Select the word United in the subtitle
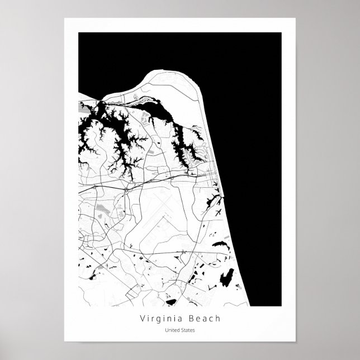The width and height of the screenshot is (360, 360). [x=172, y=330]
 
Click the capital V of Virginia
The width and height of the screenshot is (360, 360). [x=144, y=319]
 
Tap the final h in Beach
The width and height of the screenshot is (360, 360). [x=219, y=319]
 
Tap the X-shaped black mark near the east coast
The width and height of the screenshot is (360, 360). [x=217, y=211]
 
